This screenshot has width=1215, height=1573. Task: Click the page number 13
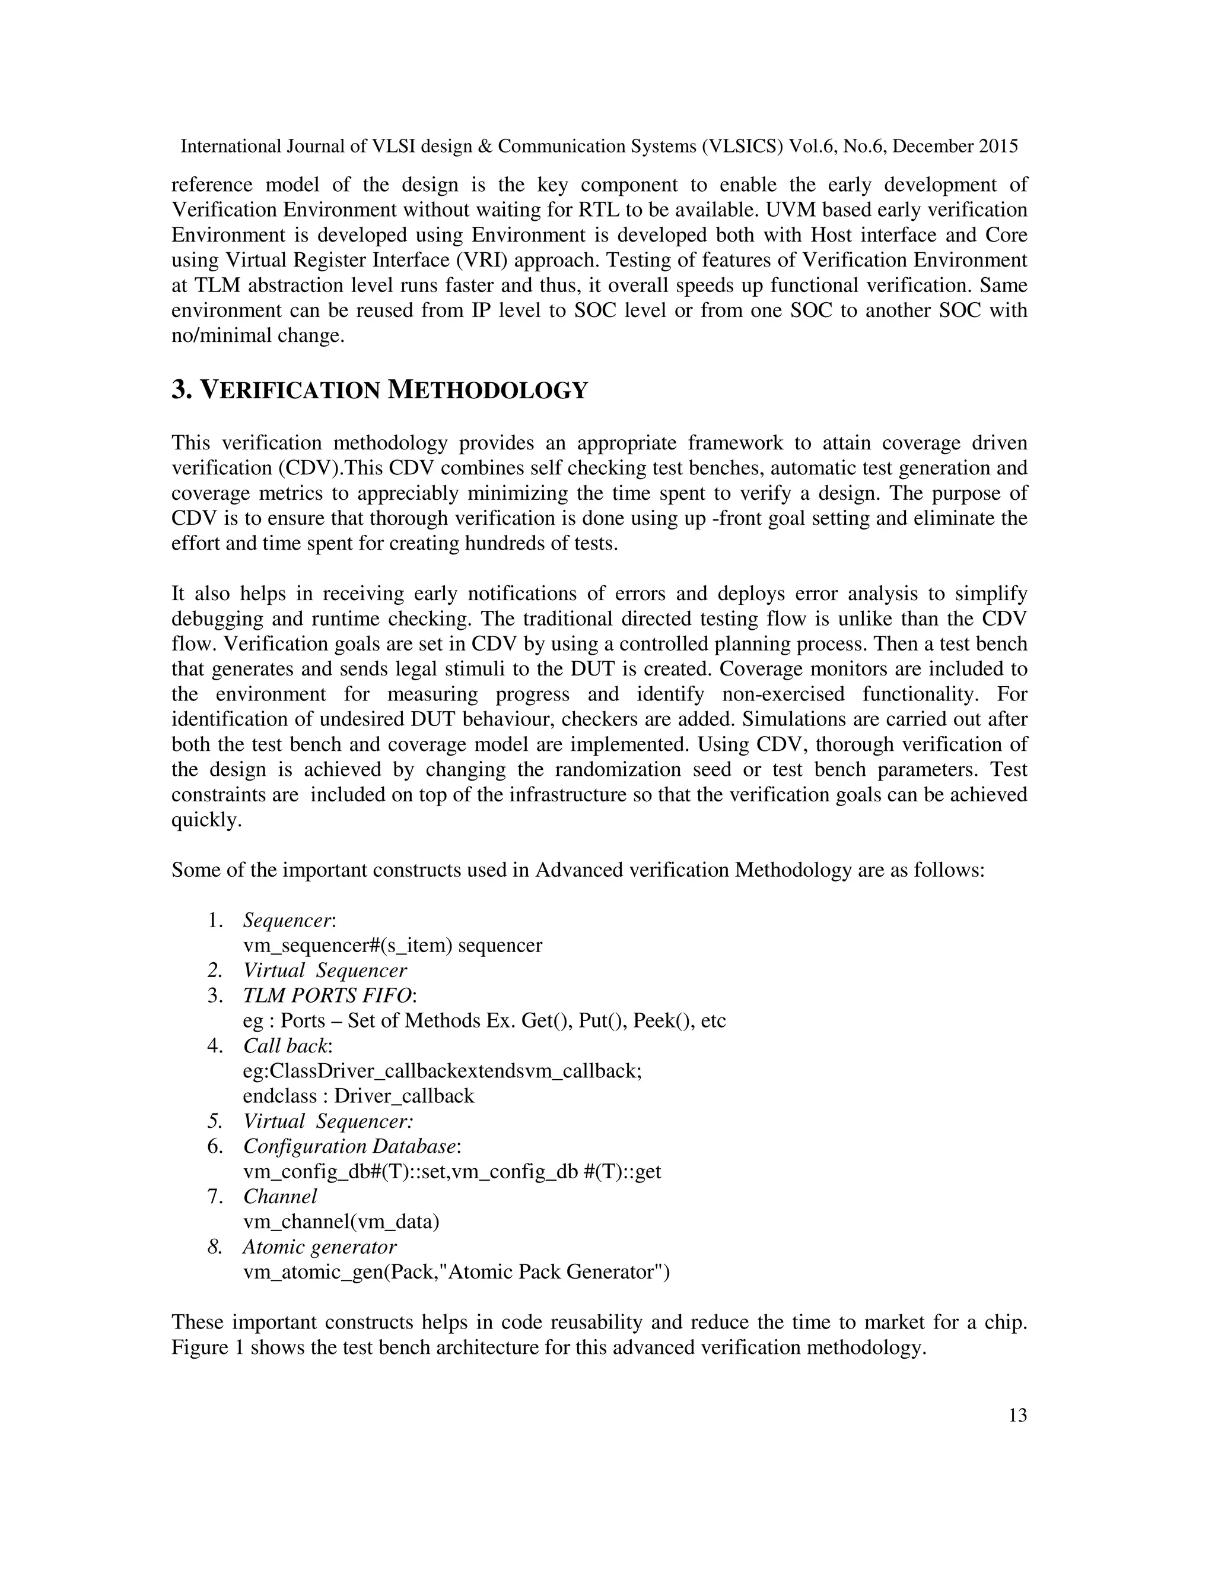[x=1017, y=1415]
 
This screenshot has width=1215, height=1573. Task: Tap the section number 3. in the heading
[x=182, y=391]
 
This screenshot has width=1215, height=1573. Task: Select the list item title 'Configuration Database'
[x=350, y=1146]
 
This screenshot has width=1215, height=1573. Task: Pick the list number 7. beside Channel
[x=215, y=1196]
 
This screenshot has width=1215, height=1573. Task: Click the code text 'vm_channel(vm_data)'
[x=341, y=1222]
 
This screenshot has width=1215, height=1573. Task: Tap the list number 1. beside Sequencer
[x=215, y=919]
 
